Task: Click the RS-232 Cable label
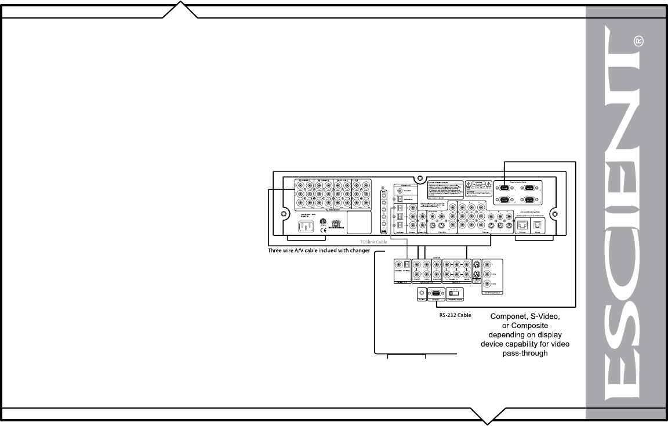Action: tap(455, 316)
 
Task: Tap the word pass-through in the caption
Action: tap(525, 353)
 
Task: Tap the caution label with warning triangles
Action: tap(477, 188)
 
